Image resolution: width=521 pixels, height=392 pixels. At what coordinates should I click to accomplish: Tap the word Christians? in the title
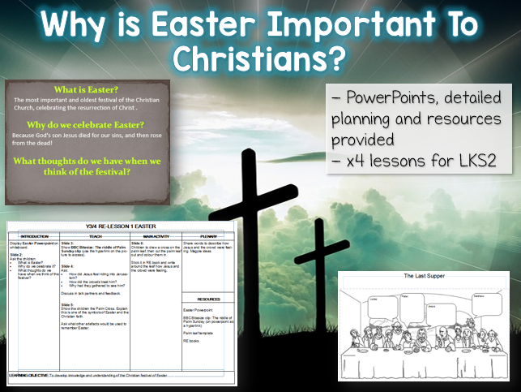coord(259,58)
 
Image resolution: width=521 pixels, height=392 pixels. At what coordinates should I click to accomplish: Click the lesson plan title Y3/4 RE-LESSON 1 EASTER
coord(122,226)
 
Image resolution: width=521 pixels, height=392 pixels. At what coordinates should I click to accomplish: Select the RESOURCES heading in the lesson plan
coord(206,299)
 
